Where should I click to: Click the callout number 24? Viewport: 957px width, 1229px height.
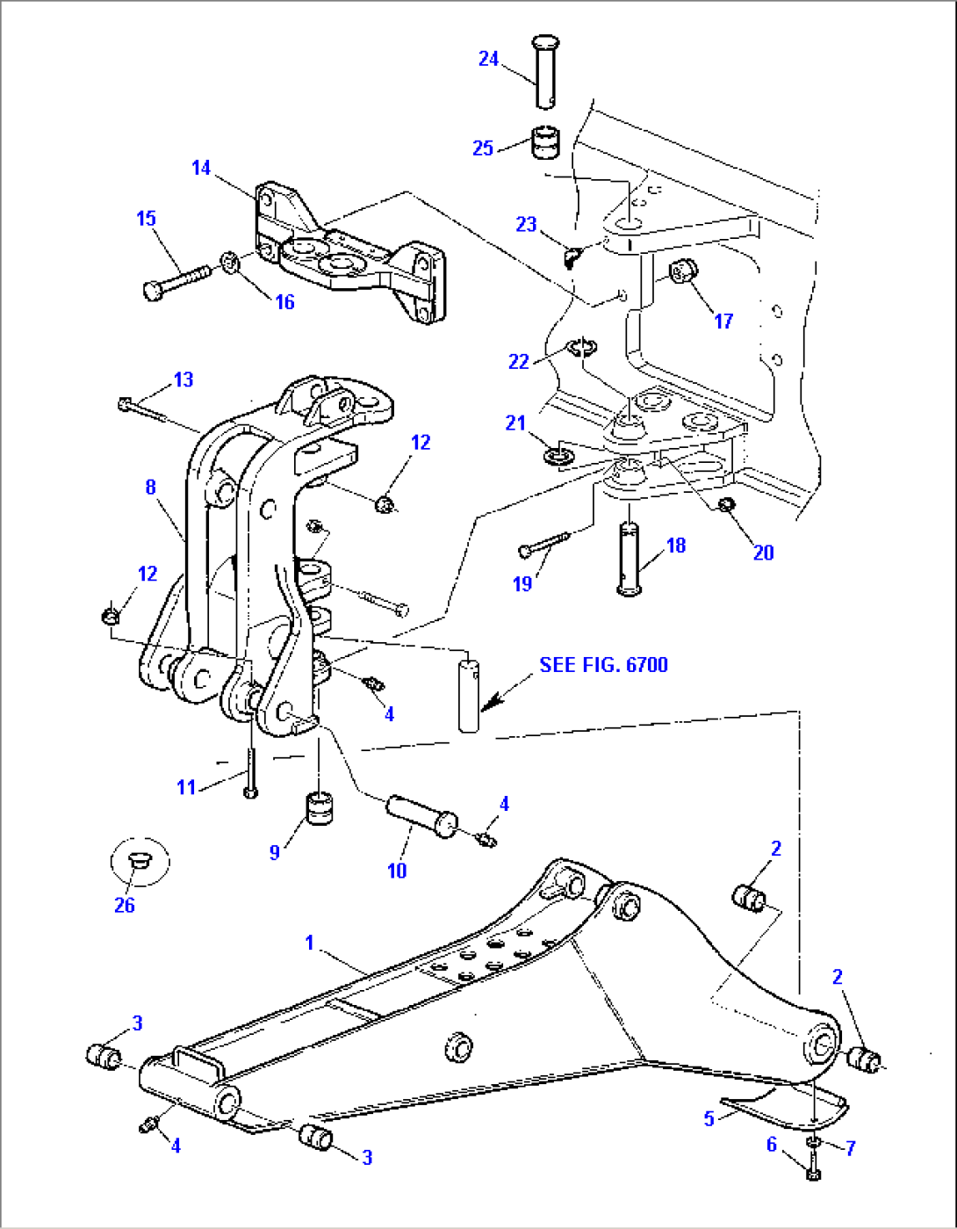click(x=488, y=59)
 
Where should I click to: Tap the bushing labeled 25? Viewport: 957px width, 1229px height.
click(x=546, y=143)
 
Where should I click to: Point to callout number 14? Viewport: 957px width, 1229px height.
click(x=201, y=167)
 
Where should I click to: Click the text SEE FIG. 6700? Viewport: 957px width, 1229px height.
click(x=603, y=665)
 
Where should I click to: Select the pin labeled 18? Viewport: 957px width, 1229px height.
click(x=631, y=559)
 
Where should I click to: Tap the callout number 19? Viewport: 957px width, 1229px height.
click(x=522, y=583)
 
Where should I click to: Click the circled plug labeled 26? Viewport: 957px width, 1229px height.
click(x=140, y=861)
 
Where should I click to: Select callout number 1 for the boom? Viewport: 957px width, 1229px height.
click(x=309, y=943)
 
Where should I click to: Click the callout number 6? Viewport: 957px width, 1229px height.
click(x=772, y=1145)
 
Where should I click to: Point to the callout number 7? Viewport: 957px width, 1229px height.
click(x=850, y=1148)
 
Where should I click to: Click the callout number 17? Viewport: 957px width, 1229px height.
click(x=723, y=321)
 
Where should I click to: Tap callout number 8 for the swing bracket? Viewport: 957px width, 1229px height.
click(x=151, y=487)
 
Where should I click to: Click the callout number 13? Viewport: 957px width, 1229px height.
click(x=183, y=380)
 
